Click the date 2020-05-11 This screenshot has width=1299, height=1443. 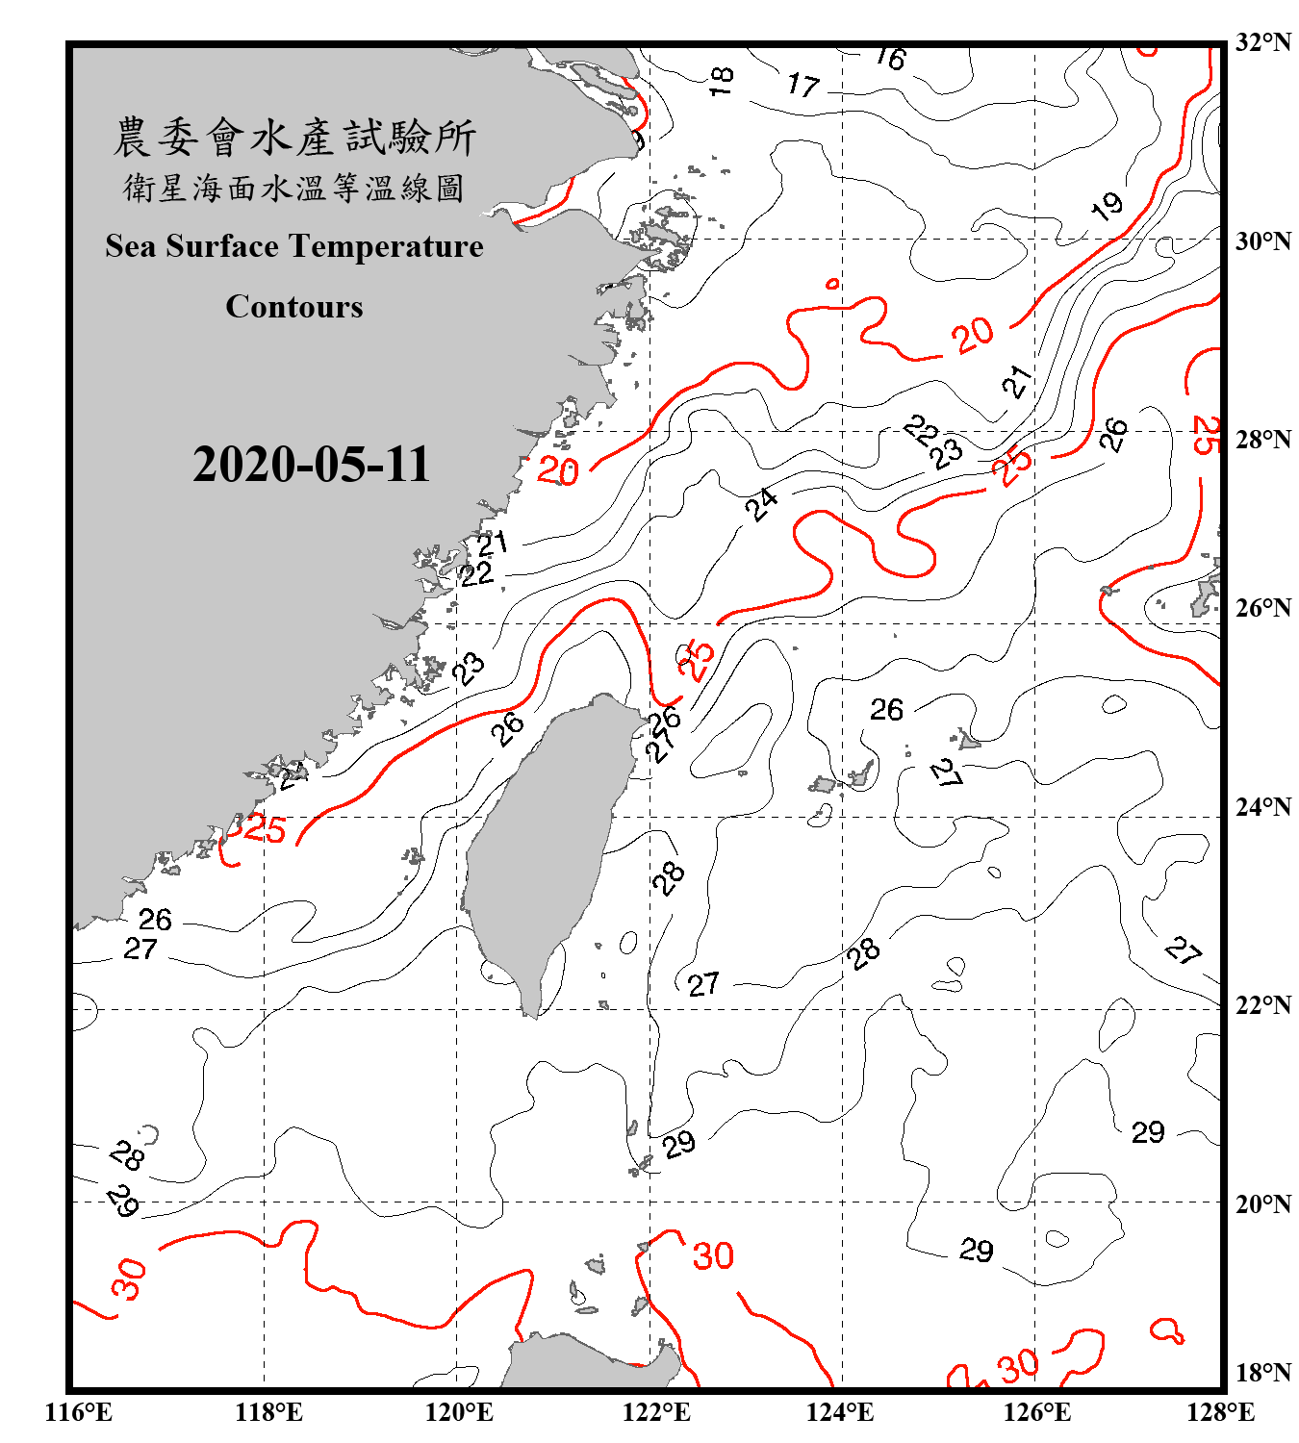point(311,465)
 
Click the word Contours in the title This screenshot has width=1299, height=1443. point(294,307)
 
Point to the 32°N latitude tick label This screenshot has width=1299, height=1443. point(1262,42)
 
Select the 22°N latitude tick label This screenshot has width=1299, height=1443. point(1262,1005)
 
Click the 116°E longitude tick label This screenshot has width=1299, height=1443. point(79,1412)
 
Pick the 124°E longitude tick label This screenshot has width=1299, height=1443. point(840,1412)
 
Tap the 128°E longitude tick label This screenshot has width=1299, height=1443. point(1220,1412)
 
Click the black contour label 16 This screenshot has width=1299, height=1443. point(891,58)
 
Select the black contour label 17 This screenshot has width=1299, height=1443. point(802,86)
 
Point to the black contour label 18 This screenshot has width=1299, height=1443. point(722,80)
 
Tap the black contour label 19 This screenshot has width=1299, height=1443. point(1107,205)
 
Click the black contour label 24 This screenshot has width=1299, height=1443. point(762,503)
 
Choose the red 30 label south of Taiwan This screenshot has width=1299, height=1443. point(713,1255)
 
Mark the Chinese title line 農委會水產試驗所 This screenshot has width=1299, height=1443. point(294,138)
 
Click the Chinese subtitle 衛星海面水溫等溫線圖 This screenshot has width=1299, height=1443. point(294,188)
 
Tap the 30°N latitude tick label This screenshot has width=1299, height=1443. point(1262,241)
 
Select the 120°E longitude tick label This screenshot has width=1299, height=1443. point(459,1412)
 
